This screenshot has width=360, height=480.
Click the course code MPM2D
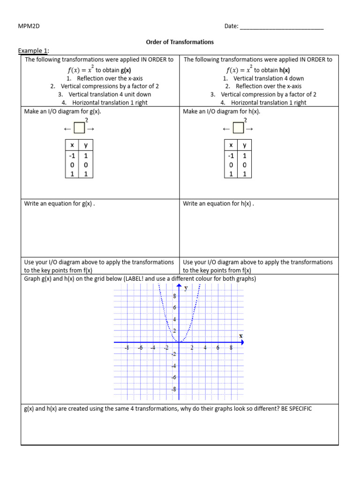coord(29,26)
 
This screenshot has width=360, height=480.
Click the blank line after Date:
coord(281,27)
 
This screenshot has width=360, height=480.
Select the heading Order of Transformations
coord(180,42)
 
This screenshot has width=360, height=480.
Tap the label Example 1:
coord(33,51)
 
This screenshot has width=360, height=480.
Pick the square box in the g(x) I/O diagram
coord(79,128)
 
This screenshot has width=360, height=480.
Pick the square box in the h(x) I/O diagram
coord(239,128)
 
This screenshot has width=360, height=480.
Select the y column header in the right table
coord(244,145)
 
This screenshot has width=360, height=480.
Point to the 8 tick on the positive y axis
coord(175,296)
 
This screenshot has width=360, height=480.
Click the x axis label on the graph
coord(241,336)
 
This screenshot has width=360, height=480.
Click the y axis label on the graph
coord(186,288)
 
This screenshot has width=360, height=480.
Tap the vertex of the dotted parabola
coord(180,342)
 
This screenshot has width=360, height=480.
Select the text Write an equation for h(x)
coord(217,203)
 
